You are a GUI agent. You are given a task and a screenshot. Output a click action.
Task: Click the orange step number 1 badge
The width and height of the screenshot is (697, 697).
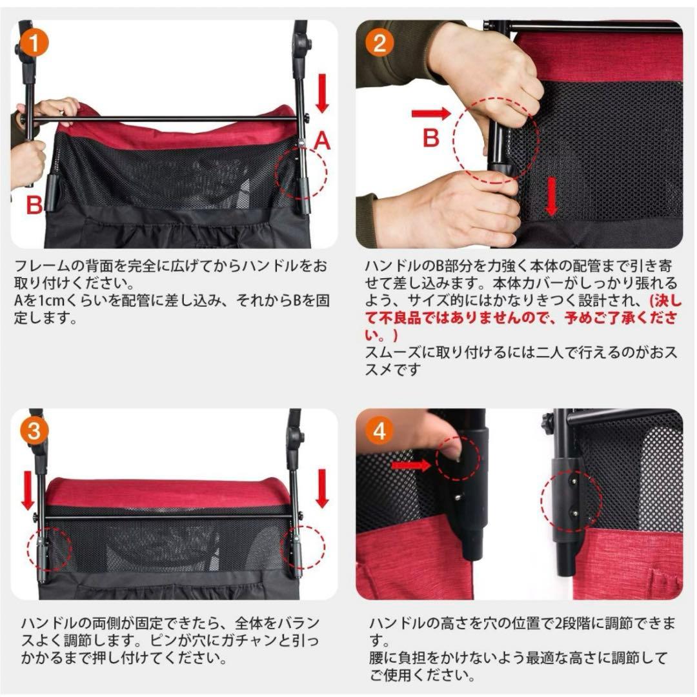tap(34, 43)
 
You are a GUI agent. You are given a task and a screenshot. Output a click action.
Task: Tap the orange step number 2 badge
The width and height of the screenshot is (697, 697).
tap(379, 43)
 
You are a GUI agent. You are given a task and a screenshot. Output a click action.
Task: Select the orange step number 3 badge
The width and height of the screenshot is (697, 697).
tap(34, 431)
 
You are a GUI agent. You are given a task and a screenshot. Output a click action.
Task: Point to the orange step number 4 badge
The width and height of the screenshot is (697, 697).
tap(379, 431)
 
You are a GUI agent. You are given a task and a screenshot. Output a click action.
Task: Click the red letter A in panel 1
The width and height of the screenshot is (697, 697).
tap(322, 141)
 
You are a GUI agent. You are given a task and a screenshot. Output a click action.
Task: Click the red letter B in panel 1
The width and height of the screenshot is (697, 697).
tap(34, 205)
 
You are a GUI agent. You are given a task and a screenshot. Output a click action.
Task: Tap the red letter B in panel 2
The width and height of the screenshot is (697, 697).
tap(430, 137)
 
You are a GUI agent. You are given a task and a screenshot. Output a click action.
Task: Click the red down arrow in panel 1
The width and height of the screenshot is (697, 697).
tap(322, 93)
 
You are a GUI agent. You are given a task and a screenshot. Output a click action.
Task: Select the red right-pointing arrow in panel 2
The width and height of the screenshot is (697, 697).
tap(430, 114)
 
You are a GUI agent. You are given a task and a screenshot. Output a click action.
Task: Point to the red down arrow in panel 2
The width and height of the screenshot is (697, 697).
tap(551, 196)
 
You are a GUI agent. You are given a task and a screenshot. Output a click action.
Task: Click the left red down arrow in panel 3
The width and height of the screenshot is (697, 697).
tap(28, 490)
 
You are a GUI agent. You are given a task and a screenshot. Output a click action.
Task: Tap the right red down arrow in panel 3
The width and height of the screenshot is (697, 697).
tap(322, 489)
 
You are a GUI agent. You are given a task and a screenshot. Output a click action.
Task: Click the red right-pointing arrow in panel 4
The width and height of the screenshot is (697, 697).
tap(411, 465)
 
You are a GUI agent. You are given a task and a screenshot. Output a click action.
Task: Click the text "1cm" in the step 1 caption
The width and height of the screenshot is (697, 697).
tap(48, 301)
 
